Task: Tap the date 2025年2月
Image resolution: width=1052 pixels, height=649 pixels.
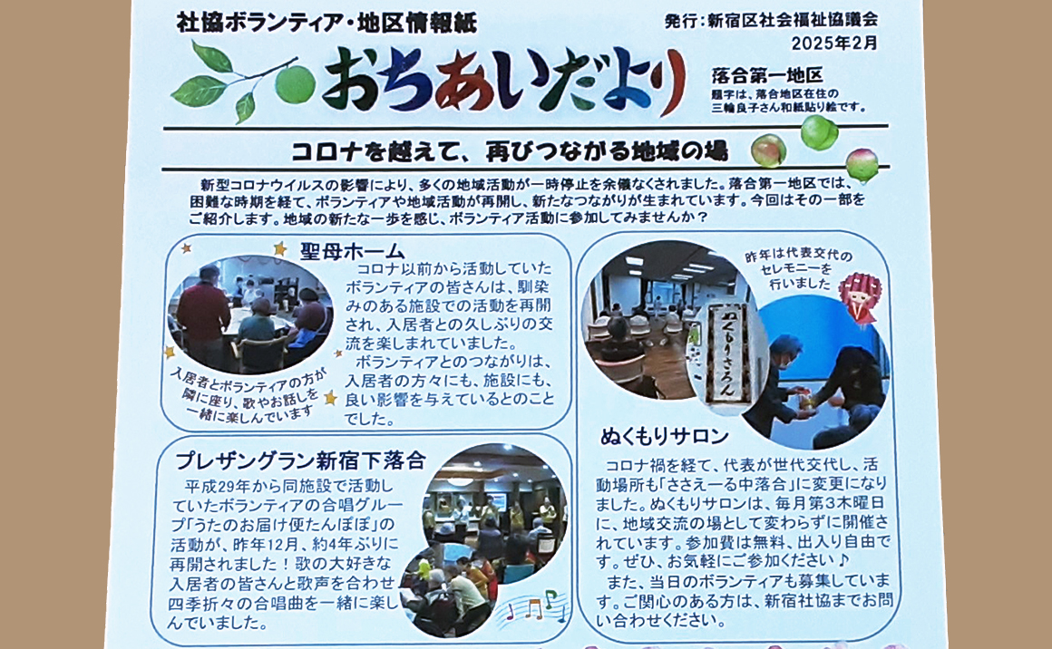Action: tap(834, 43)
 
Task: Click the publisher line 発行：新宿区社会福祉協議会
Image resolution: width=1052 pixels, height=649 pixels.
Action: tap(771, 20)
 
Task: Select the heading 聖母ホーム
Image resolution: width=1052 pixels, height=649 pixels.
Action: tap(352, 251)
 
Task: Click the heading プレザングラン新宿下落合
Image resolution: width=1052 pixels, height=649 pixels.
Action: tap(300, 460)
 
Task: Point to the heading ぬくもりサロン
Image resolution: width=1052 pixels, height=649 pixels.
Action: tap(664, 437)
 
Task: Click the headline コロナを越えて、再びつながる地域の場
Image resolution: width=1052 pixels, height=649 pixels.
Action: tap(510, 151)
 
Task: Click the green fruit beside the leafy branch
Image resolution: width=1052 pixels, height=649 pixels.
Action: tap(295, 83)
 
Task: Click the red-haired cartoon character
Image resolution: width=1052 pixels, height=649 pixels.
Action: tap(860, 295)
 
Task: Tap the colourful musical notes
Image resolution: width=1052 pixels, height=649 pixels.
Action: tap(537, 606)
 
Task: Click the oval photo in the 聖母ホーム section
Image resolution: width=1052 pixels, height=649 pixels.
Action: tap(250, 314)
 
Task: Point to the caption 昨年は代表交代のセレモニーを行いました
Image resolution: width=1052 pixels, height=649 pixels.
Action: tap(798, 269)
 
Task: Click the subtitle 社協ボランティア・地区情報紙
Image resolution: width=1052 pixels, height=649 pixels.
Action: tap(326, 23)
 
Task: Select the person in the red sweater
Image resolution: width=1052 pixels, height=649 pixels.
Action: tap(203, 314)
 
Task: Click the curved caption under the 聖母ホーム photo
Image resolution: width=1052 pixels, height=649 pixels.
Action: tap(248, 395)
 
